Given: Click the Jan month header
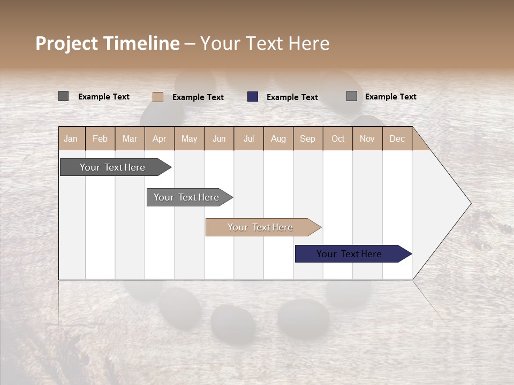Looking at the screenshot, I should point(71,138).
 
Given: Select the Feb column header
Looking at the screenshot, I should point(100,138).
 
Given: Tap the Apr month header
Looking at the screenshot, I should point(160,138).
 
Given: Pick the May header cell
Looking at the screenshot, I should point(189,138).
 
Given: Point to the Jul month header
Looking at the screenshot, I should point(248,138).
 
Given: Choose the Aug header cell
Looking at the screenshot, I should point(278,138).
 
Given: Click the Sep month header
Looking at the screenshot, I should point(308,138).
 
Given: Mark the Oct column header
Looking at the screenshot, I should point(338,138).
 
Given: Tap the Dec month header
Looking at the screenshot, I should point(397,138).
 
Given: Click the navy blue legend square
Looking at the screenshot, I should point(253,97).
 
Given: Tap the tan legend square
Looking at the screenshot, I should point(158,97).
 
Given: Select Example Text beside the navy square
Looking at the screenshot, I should point(292,97).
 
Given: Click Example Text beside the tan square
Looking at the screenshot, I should point(198,97).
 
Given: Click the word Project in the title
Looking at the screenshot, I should point(67,43).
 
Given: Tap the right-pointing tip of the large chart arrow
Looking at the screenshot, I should point(470,203).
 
